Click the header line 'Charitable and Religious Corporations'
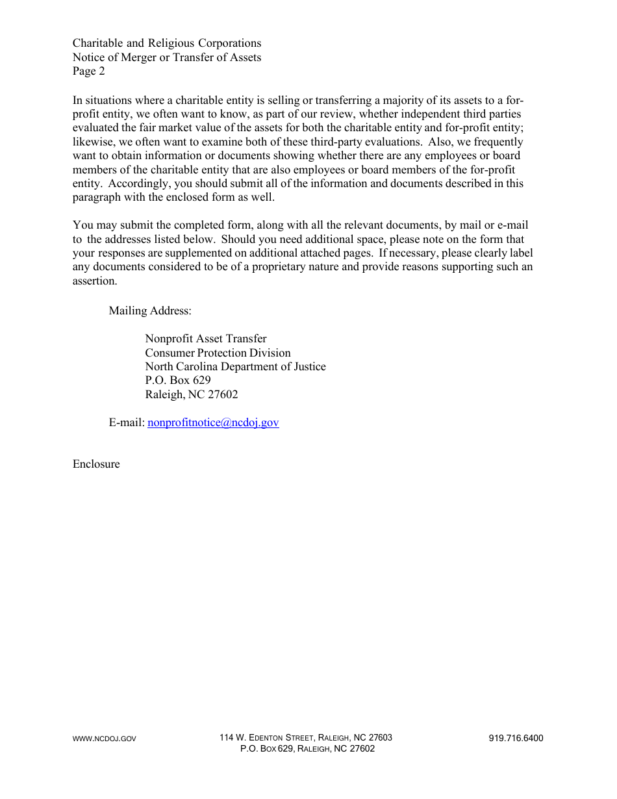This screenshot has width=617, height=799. (x=167, y=44)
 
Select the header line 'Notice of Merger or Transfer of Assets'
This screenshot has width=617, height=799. (x=167, y=57)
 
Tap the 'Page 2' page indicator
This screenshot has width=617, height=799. (x=88, y=71)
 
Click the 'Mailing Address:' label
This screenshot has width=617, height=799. (x=150, y=311)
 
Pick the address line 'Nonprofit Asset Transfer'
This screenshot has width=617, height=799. (x=206, y=338)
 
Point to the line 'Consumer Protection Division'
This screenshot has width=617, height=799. (x=218, y=353)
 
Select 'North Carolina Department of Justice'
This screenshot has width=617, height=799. (x=235, y=366)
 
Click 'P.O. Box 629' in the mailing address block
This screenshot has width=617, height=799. (x=178, y=381)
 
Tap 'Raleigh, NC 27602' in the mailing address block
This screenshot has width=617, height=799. (x=192, y=394)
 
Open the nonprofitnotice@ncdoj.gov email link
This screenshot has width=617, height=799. (x=213, y=423)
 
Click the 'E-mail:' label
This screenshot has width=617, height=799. (x=127, y=423)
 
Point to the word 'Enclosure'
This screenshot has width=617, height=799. (x=96, y=464)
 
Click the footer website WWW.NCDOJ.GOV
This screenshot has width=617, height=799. (x=105, y=739)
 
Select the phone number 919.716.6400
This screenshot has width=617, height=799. (x=516, y=738)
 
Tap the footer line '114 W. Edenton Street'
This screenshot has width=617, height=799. (x=305, y=738)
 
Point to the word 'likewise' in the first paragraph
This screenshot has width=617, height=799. (x=93, y=142)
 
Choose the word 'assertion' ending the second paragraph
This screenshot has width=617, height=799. (x=94, y=281)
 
